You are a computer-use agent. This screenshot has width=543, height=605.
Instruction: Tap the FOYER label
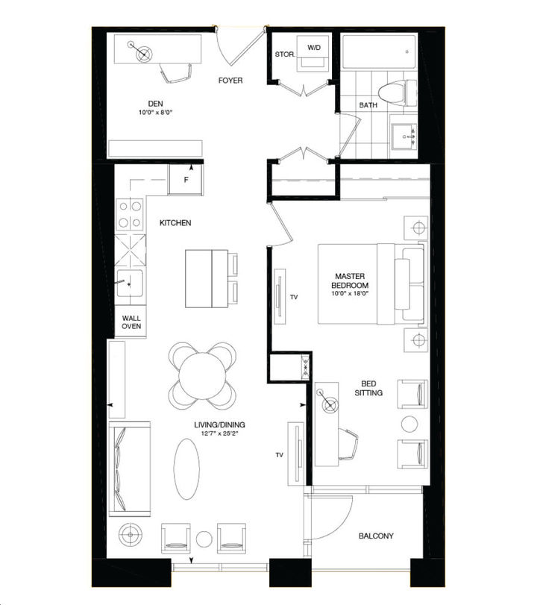pos(231,80)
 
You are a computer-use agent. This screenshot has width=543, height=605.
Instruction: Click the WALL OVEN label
pos(131,322)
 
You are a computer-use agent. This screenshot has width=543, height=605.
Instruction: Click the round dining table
pos(201,371)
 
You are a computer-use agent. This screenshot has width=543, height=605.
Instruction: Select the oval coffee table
pos(186,468)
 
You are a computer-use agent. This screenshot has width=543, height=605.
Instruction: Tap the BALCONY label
pos(376,536)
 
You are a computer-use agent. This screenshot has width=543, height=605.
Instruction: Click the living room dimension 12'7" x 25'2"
pos(219,435)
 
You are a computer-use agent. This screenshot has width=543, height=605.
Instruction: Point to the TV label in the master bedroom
pos(294,297)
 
